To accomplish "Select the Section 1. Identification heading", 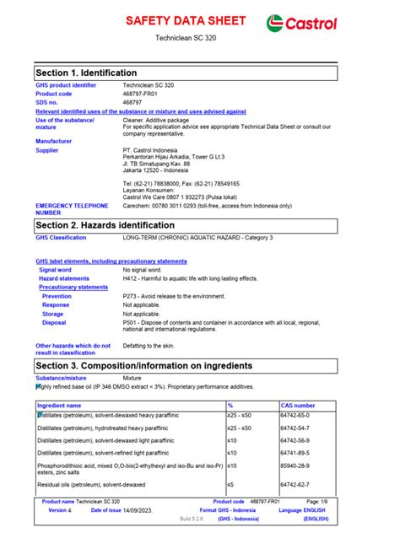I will (86, 73).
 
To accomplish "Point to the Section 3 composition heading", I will (143, 365).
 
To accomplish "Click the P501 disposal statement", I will (221, 325).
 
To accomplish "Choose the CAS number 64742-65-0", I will (298, 416).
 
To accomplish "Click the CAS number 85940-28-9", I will (298, 465).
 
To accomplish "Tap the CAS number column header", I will (298, 406).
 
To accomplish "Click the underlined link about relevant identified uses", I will (141, 111).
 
